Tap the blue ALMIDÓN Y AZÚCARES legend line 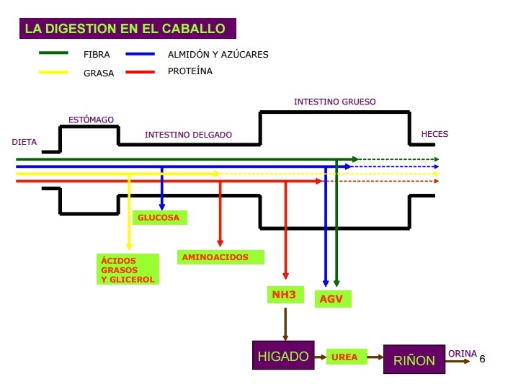click(x=141, y=53)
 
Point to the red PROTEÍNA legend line click(x=141, y=72)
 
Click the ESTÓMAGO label click(x=91, y=120)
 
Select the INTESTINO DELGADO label click(x=188, y=135)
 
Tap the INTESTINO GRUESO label click(x=334, y=102)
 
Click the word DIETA click(x=24, y=142)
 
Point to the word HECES click(x=435, y=135)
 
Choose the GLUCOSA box click(x=160, y=217)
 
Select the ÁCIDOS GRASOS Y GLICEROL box click(x=128, y=269)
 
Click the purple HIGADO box click(x=283, y=356)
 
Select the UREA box click(x=346, y=357)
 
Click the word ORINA click(x=463, y=353)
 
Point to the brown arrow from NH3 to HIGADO click(x=285, y=323)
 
